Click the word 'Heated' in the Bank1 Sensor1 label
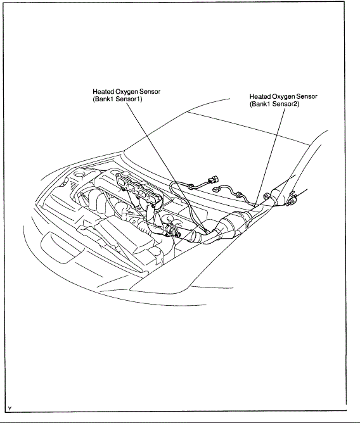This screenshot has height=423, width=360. tap(103, 92)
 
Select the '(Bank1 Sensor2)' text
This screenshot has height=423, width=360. tap(274, 104)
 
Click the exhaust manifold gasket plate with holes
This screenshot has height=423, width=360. tap(133, 187)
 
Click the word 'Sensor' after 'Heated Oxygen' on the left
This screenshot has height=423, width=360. tap(150, 92)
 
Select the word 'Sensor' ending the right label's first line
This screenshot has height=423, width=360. tap(307, 96)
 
